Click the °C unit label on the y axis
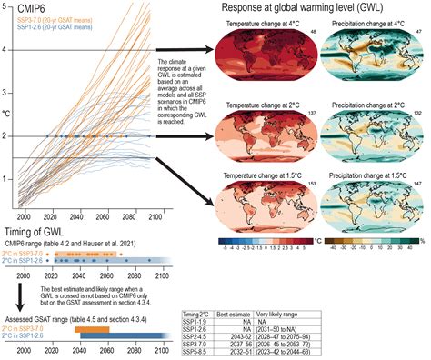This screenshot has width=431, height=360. (x=6, y=115)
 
